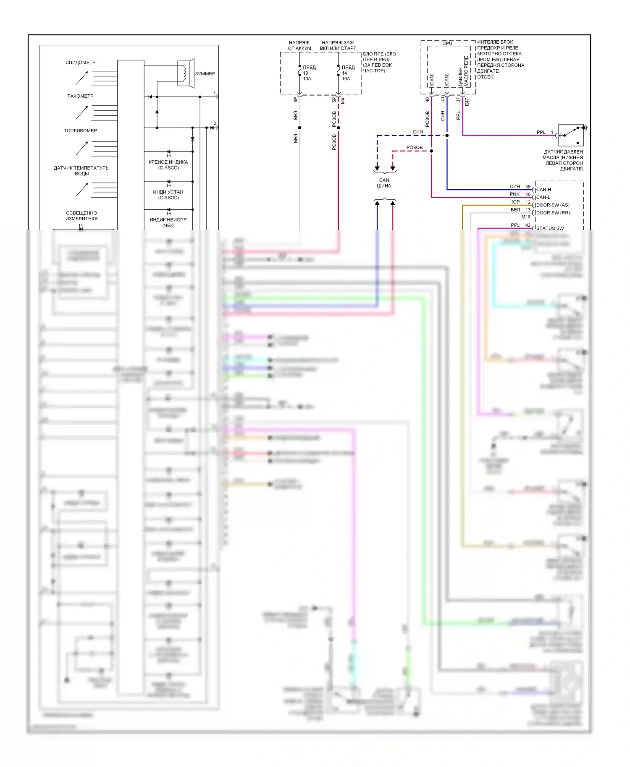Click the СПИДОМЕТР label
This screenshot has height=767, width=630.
point(80,63)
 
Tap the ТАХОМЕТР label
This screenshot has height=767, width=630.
point(80,96)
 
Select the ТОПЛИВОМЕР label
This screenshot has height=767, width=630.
point(80,130)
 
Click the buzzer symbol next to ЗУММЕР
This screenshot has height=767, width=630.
point(185,73)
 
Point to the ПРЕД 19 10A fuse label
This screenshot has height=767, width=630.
point(309,73)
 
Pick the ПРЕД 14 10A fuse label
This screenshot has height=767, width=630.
point(347,73)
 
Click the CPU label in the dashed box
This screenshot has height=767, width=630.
point(447,43)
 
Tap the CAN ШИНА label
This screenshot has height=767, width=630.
point(384,183)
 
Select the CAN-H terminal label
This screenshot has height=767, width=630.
point(543,190)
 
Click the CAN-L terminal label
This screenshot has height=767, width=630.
point(543,197)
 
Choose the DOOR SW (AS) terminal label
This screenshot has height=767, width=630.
point(553,205)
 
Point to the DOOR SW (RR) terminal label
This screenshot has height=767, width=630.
point(553,213)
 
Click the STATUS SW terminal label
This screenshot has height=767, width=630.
point(550,228)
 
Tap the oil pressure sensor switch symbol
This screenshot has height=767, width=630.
point(571,135)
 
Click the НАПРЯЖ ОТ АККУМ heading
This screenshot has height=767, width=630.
point(299,45)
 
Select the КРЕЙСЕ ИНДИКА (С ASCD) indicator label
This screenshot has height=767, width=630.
point(168,165)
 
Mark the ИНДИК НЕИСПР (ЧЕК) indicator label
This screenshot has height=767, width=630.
point(168,222)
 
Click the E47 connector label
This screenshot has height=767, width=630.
point(467,102)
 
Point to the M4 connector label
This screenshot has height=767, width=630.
point(343,101)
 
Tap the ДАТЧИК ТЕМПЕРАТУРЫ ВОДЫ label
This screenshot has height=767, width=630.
point(81,171)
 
